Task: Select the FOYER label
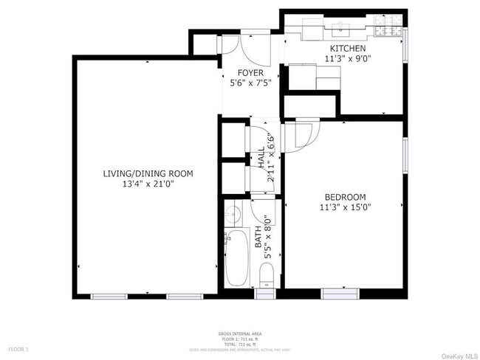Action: (x=250, y=73)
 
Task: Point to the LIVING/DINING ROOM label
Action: (x=148, y=174)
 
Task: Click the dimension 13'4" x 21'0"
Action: (x=148, y=184)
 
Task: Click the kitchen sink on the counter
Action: (x=341, y=30)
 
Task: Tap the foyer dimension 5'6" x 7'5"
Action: (x=251, y=83)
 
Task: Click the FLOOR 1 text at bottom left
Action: (x=18, y=348)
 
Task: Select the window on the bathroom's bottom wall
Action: (x=264, y=295)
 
